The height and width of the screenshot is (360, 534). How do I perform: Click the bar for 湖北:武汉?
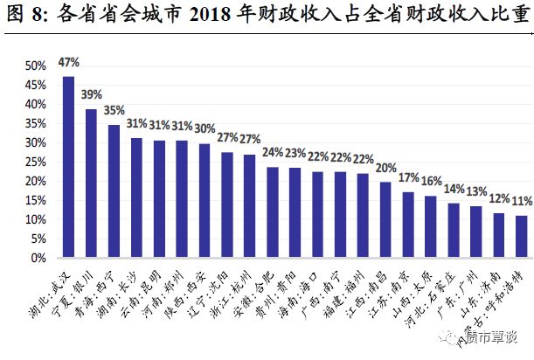coord(68,167)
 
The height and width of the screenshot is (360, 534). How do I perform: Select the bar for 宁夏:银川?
coord(91,183)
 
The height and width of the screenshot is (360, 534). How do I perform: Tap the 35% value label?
coord(114,111)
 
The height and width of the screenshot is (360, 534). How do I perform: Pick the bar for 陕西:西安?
coord(205,201)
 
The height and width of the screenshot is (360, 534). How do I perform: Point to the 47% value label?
coord(68,63)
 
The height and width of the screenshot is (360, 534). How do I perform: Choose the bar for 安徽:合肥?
coord(273,212)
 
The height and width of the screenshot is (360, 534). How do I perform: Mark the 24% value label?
coord(273,154)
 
